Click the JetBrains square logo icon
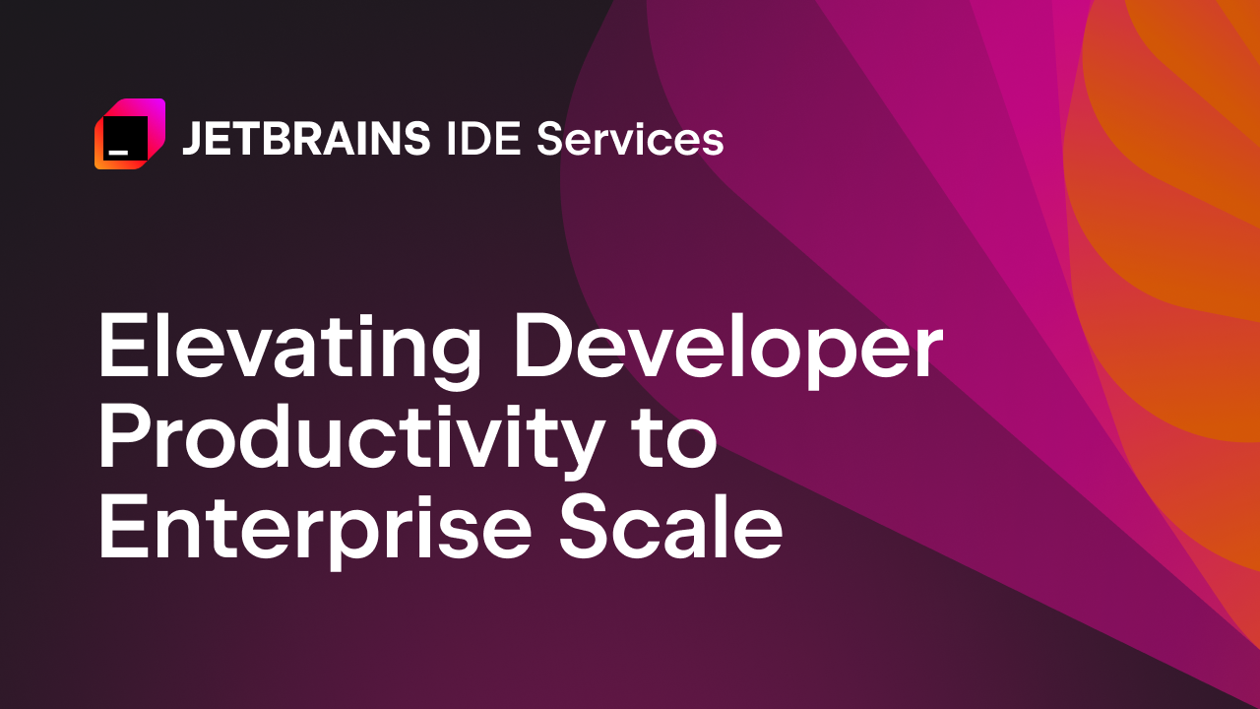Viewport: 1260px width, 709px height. pyautogui.click(x=129, y=135)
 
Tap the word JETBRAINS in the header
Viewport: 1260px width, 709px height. pyautogui.click(x=306, y=140)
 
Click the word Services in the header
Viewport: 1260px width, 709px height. pyautogui.click(x=630, y=140)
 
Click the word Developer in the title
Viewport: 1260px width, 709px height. pyautogui.click(x=728, y=352)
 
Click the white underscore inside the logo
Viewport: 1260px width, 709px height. pyautogui.click(x=118, y=153)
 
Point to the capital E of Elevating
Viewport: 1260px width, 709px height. pyautogui.click(x=119, y=350)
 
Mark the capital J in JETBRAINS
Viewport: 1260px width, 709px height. pyautogui.click(x=191, y=140)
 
